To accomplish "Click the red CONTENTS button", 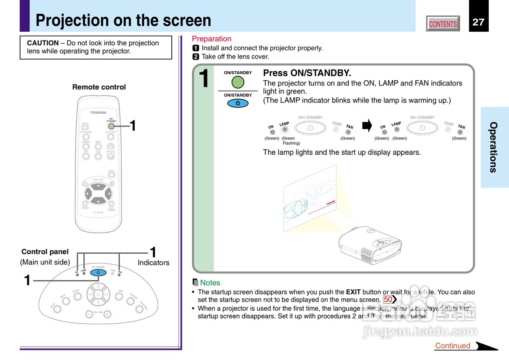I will tap(443, 24).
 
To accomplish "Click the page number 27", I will tap(478, 22).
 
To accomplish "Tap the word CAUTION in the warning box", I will tap(43, 43).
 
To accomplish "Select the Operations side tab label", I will tap(493, 147).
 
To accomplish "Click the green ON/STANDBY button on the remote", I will tap(111, 126).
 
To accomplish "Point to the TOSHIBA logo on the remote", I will tap(98, 112).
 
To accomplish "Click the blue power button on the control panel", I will tap(98, 273).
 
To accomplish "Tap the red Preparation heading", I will tap(212, 39).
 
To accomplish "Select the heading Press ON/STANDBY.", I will tap(307, 73).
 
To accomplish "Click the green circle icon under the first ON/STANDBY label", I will tap(238, 82).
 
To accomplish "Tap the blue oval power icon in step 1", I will tap(238, 103).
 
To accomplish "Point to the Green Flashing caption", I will tap(290, 141).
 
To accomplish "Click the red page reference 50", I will tap(388, 300).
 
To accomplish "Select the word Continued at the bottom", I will tap(453, 346).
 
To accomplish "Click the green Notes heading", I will tap(210, 283).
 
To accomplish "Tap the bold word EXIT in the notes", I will tap(354, 292).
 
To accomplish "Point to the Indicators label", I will tap(153, 263).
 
